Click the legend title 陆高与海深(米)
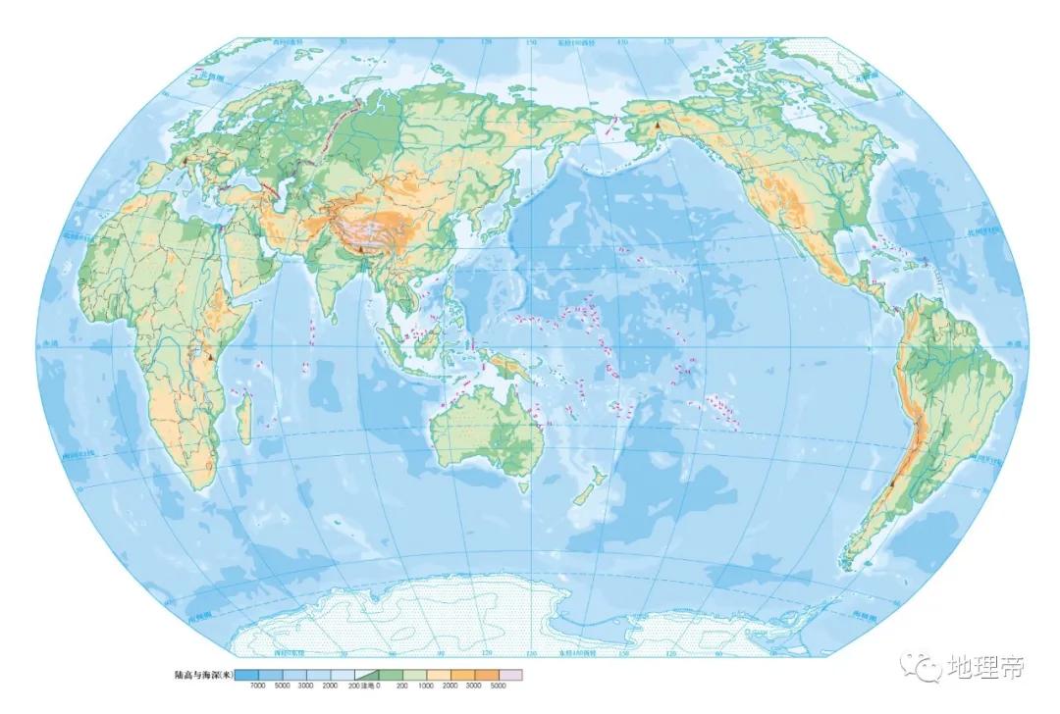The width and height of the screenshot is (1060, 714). click(203, 675)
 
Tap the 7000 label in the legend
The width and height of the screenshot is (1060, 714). click(258, 686)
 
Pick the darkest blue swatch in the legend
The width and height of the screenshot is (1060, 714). click(246, 675)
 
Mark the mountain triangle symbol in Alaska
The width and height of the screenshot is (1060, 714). click(657, 126)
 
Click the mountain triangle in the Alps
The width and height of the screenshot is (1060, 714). click(184, 160)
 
